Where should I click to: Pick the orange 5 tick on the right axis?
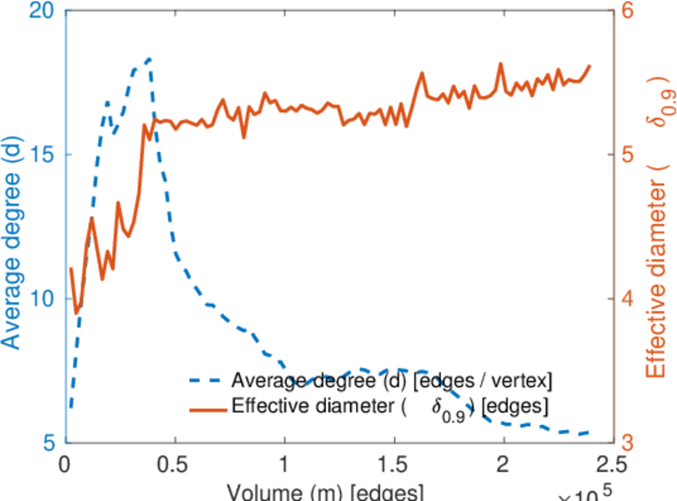627,154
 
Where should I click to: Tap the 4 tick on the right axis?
627,299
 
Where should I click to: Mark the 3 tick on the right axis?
627,442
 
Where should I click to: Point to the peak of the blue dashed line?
149,59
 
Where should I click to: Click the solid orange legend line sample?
208,408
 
